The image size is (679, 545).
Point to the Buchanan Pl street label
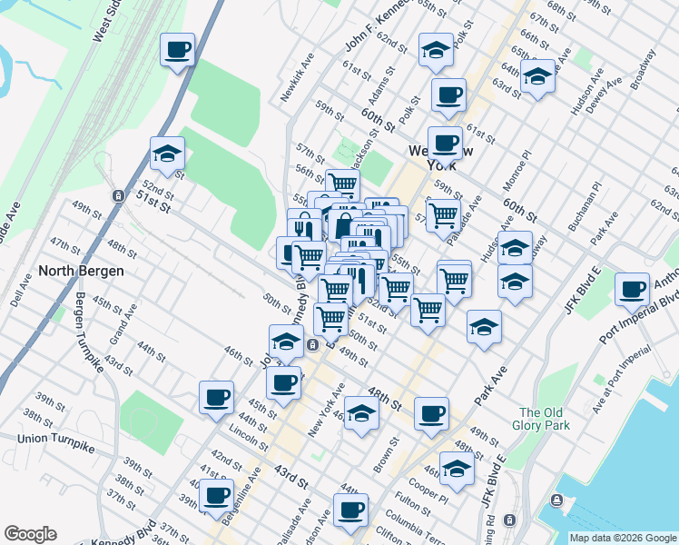point(584,207)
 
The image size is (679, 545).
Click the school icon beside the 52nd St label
point(168,154)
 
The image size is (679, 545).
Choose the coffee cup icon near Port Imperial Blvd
point(632,290)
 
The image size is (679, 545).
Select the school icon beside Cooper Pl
point(458,469)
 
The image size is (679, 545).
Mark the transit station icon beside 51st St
point(118,195)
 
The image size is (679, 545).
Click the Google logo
point(30,534)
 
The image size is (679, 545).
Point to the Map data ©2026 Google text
point(624,538)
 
